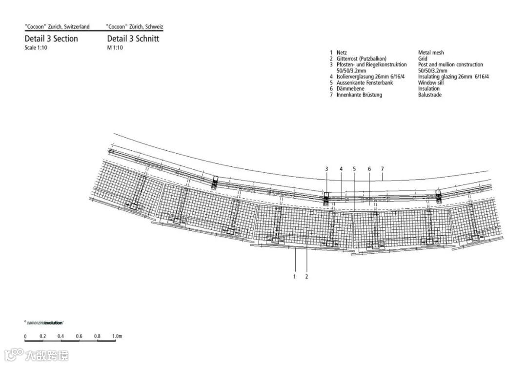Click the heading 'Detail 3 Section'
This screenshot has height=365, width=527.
click(x=51, y=39)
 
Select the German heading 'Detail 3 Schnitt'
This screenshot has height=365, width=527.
click(x=133, y=39)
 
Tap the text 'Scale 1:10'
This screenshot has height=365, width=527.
click(x=36, y=48)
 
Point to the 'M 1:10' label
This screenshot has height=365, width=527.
click(x=115, y=48)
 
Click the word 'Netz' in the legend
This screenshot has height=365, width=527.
click(x=342, y=53)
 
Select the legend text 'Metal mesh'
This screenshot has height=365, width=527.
click(x=431, y=53)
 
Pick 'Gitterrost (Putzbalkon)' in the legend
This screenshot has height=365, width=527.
click(x=361, y=59)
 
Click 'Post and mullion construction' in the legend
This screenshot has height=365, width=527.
click(x=450, y=64)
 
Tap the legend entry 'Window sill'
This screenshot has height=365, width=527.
click(x=431, y=83)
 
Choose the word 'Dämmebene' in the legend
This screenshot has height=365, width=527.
click(x=350, y=89)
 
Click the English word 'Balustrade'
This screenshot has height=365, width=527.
click(x=430, y=95)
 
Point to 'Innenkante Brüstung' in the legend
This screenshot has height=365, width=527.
click(x=359, y=95)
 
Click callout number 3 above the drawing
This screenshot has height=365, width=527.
click(x=326, y=169)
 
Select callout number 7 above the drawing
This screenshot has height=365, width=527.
click(x=383, y=169)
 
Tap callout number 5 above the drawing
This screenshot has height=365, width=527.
click(x=355, y=169)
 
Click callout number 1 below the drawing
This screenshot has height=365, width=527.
click(x=295, y=277)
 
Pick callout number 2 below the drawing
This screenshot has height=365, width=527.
click(x=307, y=277)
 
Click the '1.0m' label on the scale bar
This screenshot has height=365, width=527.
click(x=117, y=336)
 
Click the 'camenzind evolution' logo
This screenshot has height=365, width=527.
click(x=44, y=323)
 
